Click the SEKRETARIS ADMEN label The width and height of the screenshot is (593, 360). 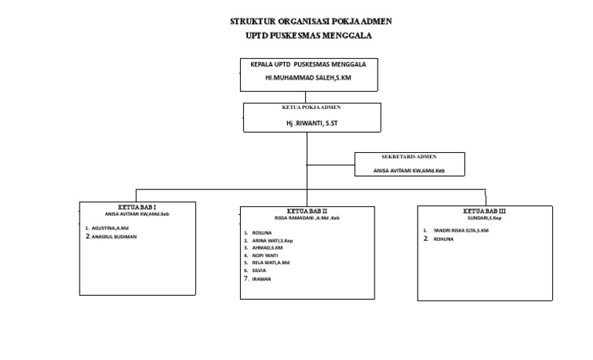click(x=408, y=156)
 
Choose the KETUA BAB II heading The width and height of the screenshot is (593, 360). click(x=307, y=211)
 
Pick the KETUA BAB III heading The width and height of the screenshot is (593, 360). click(x=484, y=210)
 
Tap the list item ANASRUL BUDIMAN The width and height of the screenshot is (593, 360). click(x=114, y=237)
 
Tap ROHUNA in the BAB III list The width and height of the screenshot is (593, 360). click(x=443, y=239)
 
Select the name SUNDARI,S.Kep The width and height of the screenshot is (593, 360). click(x=484, y=217)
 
